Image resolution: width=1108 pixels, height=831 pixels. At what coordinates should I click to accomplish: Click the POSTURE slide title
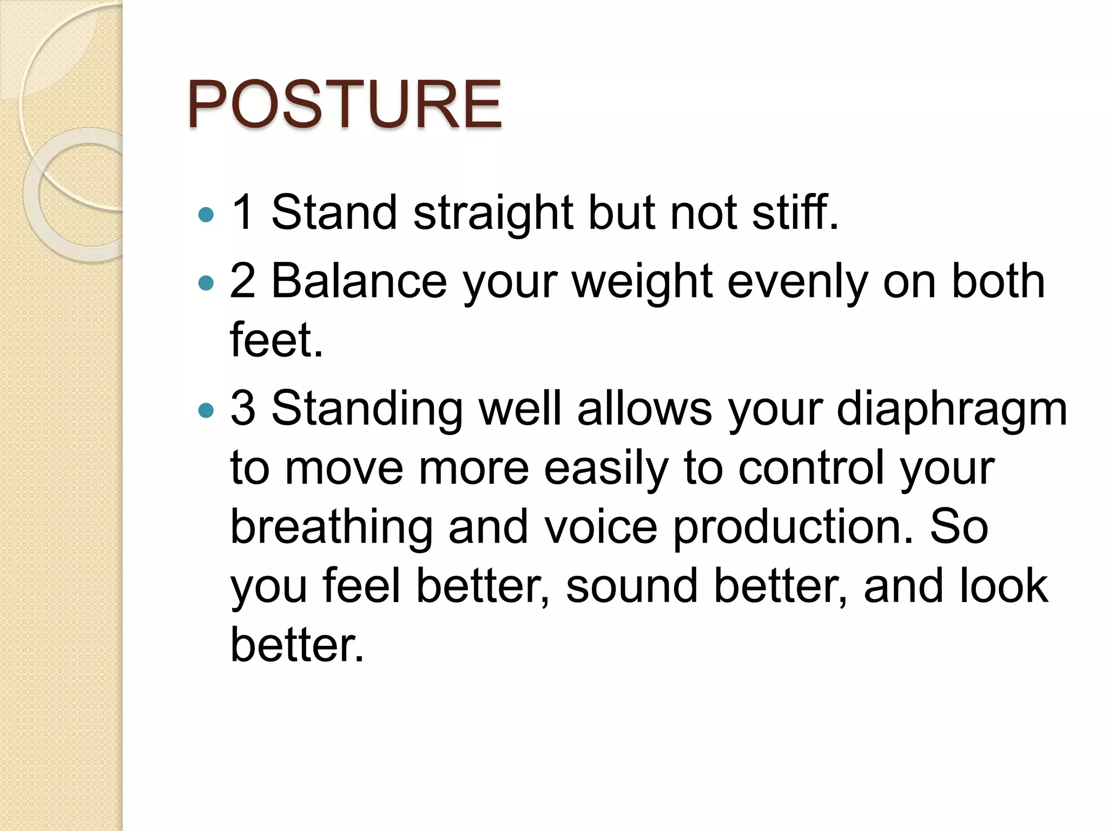[344, 104]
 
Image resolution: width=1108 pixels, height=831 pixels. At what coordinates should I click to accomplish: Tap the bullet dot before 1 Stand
[206, 215]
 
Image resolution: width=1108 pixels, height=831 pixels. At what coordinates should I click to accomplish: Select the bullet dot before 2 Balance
[206, 283]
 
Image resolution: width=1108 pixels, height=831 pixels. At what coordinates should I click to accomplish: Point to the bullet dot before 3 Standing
[206, 411]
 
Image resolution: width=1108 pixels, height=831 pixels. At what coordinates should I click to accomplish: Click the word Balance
[359, 281]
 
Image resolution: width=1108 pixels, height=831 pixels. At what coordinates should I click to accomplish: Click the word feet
[276, 340]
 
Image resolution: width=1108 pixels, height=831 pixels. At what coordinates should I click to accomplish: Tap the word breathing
[332, 527]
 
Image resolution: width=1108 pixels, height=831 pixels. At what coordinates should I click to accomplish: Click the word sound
[632, 585]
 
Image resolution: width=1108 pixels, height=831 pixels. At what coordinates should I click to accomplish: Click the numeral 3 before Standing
[242, 408]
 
